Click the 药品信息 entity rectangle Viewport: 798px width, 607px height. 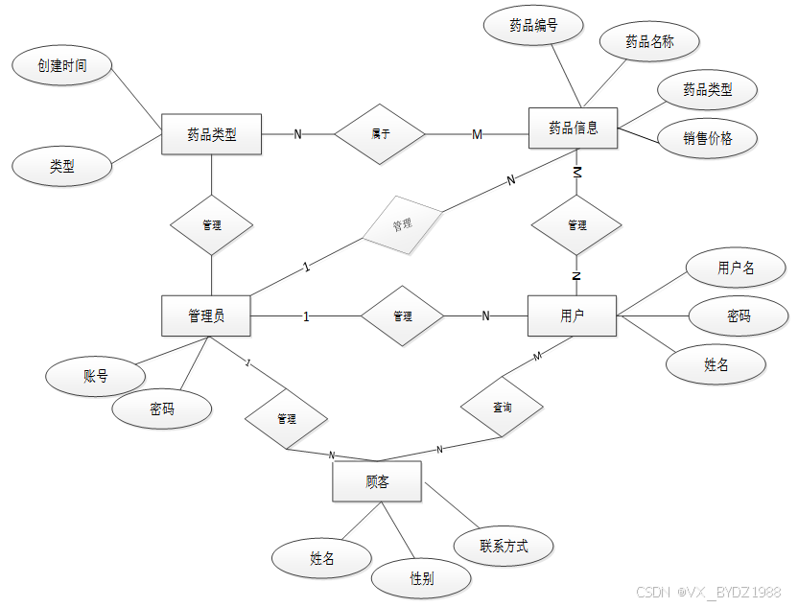573,128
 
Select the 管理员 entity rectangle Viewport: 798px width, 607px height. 206,315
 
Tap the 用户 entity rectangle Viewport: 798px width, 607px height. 572,315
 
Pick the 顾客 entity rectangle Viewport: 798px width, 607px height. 377,481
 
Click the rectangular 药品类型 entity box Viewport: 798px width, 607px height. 211,134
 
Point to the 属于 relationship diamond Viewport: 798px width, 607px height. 380,134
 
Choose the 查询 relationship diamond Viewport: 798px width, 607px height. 502,407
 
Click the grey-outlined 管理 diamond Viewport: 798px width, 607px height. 403,224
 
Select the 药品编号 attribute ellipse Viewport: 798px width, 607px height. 533,26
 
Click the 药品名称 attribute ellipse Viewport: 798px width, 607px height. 649,41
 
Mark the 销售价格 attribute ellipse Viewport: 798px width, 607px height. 708,138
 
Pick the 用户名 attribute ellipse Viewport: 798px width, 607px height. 736,268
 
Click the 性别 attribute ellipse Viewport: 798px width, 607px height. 421,578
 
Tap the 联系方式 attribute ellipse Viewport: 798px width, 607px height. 504,547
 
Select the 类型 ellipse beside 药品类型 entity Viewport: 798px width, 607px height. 62,166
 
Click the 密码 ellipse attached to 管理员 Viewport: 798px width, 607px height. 161,409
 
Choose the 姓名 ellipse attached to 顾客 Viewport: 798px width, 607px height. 321,558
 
